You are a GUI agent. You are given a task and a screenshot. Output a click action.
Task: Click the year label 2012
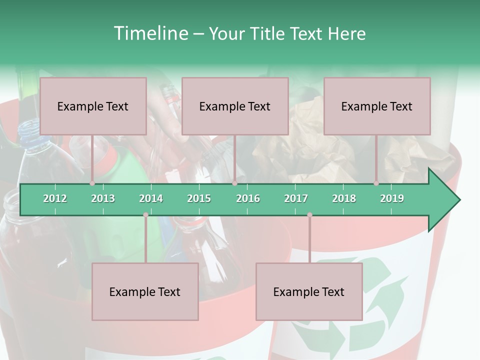[x=55, y=198]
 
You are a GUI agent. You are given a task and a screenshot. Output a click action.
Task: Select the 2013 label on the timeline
[x=103, y=198]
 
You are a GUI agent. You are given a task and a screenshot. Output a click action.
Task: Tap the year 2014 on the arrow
[x=151, y=198]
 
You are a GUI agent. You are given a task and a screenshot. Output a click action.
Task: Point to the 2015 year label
[x=199, y=198]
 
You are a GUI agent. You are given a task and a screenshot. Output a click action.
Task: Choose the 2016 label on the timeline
[x=248, y=198]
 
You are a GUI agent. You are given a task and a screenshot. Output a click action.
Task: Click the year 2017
[x=296, y=198]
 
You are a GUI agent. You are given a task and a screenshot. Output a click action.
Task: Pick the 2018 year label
[x=344, y=198]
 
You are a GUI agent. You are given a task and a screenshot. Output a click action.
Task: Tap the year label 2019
[x=392, y=198]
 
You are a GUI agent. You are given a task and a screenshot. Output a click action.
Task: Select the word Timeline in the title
[x=150, y=33]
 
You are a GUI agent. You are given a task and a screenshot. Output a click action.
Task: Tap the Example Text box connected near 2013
[x=93, y=106]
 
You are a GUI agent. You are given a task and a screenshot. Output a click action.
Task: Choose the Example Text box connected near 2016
[x=235, y=106]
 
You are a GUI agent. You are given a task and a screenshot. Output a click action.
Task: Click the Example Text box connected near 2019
[x=377, y=106]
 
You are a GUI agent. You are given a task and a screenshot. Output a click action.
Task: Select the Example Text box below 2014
[x=145, y=291]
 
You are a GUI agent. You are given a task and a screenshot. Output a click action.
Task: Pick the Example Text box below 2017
[x=309, y=291]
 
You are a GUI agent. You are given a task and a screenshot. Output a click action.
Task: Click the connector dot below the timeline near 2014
[x=145, y=214]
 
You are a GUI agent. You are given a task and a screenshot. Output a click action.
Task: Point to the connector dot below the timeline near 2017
[x=309, y=214]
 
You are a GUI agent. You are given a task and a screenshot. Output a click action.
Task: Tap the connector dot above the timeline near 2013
[x=92, y=183]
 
